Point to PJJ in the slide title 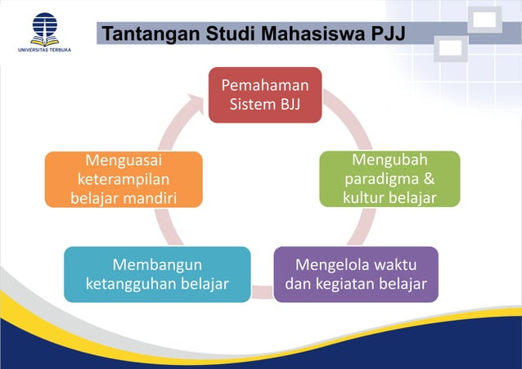click(x=388, y=34)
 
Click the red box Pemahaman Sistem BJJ click(x=264, y=95)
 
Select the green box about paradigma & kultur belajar click(x=389, y=178)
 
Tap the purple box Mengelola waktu click(x=355, y=274)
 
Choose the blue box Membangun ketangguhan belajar click(x=157, y=274)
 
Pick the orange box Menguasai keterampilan click(x=123, y=178)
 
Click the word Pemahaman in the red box click(x=265, y=85)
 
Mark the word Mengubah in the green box click(x=389, y=159)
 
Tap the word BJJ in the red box click(x=292, y=105)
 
